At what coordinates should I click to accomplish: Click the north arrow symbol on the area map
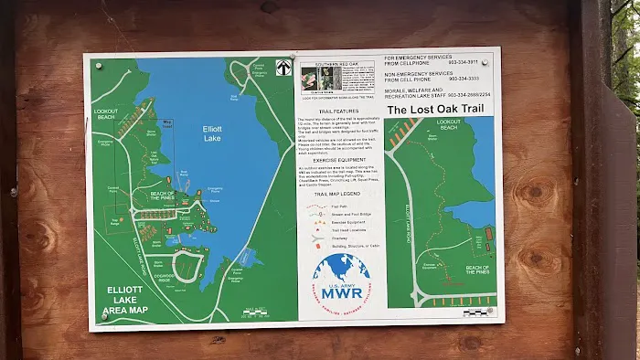pyautogui.click(x=284, y=66)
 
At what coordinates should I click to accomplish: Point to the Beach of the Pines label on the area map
pyautogui.click(x=162, y=197)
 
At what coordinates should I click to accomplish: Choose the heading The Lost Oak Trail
pyautogui.click(x=433, y=110)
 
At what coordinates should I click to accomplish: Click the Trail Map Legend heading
pyautogui.click(x=340, y=194)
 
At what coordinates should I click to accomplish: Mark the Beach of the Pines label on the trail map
pyautogui.click(x=477, y=269)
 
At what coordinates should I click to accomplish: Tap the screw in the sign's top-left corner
pyautogui.click(x=94, y=64)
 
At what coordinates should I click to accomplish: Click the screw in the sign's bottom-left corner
pyautogui.click(x=103, y=317)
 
